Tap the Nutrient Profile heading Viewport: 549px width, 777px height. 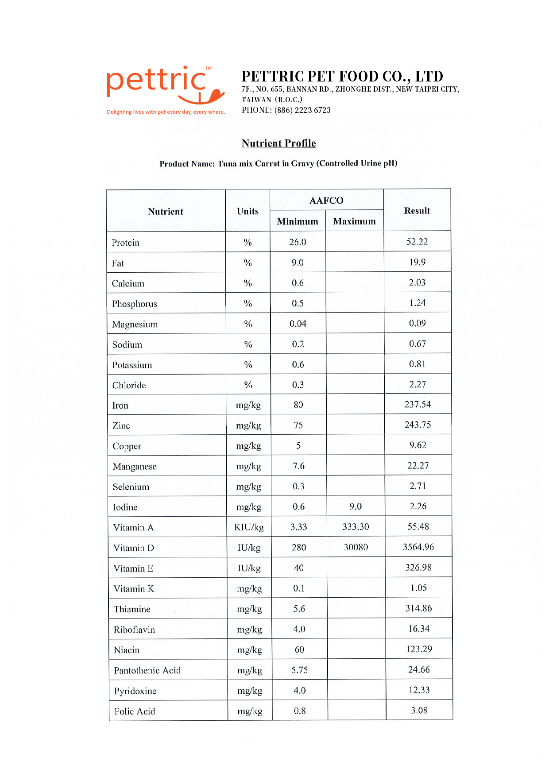point(278,143)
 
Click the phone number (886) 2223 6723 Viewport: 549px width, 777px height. point(302,110)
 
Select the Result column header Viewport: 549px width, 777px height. point(417,211)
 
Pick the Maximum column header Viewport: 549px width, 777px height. point(354,221)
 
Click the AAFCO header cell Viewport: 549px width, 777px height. point(326,201)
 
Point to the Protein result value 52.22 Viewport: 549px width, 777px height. point(417,242)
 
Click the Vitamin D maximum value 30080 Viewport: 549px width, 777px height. point(356,548)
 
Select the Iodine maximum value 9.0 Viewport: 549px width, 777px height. point(355,506)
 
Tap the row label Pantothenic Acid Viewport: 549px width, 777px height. point(147,670)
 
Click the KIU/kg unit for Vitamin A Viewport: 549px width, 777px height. point(249,527)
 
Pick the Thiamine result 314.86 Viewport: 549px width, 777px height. point(418,608)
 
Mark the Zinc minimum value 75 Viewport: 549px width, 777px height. point(298,425)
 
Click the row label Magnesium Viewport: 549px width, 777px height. point(135,325)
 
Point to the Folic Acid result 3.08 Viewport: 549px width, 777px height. point(419,711)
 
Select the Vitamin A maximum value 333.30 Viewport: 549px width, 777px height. point(356,527)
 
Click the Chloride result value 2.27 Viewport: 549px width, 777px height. point(418,384)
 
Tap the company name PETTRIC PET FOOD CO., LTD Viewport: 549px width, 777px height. point(342,77)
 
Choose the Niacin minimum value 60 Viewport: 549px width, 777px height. point(299,649)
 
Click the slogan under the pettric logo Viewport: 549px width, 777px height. point(166,112)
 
